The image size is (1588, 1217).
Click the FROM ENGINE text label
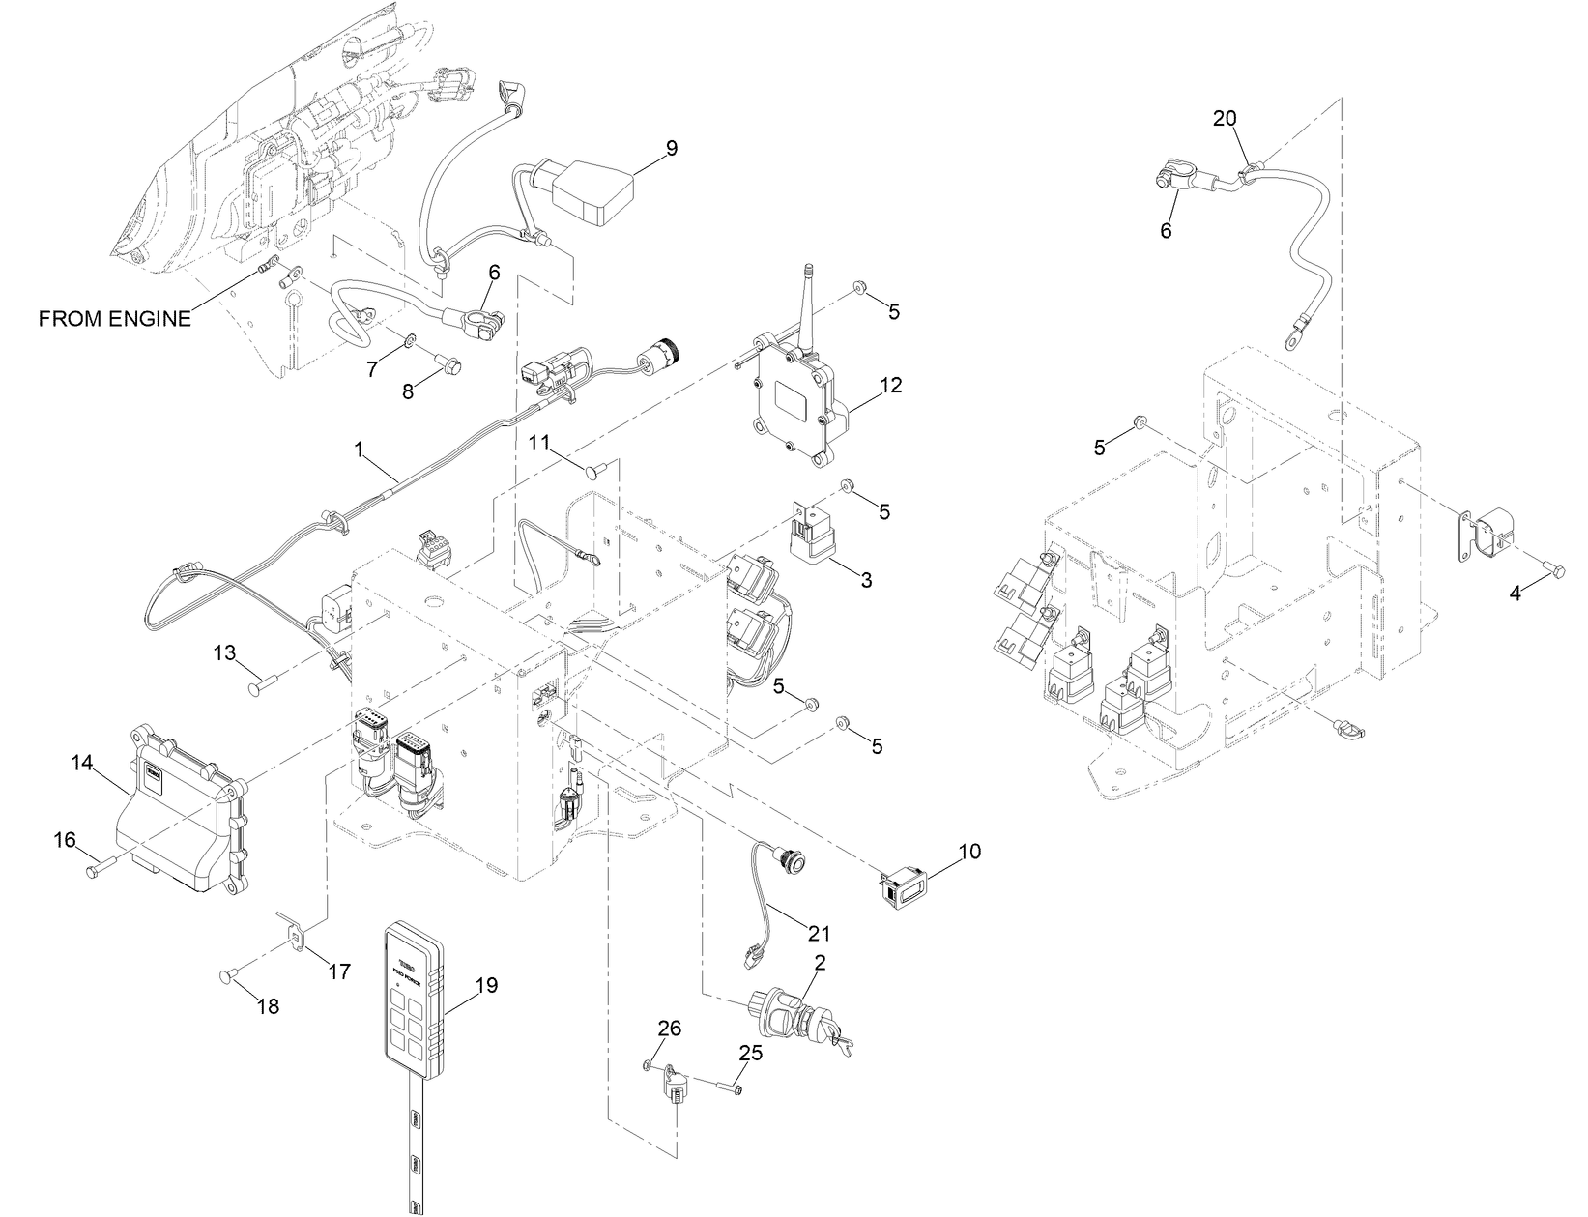(114, 319)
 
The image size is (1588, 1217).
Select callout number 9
(670, 148)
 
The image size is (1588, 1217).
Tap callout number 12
(890, 385)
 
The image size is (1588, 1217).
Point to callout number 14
(81, 763)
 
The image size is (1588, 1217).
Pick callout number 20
(1224, 118)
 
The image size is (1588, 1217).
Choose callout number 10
(968, 851)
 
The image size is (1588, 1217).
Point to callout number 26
(670, 1028)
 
